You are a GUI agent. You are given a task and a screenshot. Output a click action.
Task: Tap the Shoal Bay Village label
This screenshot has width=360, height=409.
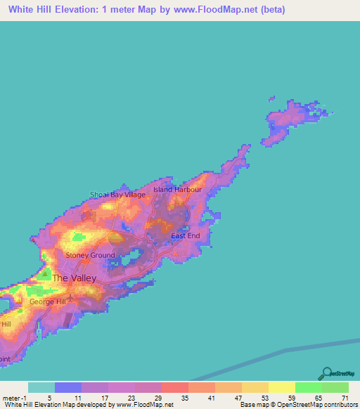[117, 195]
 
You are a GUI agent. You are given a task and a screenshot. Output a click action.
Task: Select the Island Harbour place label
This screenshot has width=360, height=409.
[177, 190]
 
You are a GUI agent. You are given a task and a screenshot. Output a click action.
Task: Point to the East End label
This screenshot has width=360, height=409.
[186, 235]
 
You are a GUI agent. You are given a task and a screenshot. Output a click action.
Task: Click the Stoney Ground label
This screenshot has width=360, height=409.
[90, 256]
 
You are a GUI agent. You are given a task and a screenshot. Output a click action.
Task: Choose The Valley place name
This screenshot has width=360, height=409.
[75, 278]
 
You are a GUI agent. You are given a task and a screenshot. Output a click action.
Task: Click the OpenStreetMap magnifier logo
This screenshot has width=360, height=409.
[326, 372]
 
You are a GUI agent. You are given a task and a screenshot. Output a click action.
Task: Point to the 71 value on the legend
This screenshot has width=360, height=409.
[345, 398]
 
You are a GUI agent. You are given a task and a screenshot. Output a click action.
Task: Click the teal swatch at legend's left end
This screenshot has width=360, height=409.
[41, 387]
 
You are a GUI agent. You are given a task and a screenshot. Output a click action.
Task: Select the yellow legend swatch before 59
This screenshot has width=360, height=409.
[281, 387]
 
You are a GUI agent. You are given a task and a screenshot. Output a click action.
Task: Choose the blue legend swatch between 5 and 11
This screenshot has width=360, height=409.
[67, 387]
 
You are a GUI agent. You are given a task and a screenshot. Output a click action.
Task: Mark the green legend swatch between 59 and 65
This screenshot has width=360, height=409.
[308, 387]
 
